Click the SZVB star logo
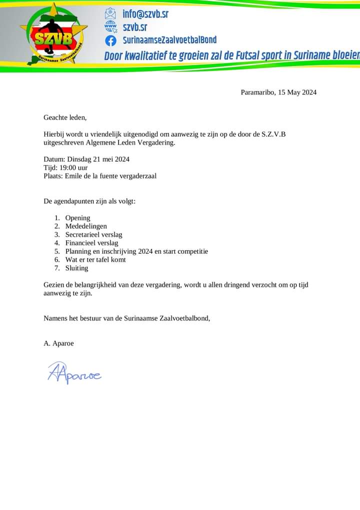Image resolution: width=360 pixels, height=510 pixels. click(54, 35)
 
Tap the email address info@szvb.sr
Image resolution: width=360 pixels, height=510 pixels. click(145, 14)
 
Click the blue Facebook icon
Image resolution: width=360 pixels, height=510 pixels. click(110, 41)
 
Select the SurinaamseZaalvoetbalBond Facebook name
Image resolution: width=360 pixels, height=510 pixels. click(169, 40)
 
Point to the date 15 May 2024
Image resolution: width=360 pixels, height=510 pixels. click(297, 92)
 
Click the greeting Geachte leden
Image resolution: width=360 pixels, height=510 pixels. click(65, 118)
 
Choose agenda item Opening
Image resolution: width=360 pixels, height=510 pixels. click(77, 218)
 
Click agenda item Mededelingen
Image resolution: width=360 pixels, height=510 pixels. click(86, 226)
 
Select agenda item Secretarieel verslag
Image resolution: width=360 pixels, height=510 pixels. click(93, 234)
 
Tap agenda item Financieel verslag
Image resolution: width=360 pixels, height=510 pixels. click(91, 243)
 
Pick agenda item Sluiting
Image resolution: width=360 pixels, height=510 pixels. click(76, 268)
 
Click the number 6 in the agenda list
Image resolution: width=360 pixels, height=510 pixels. click(57, 260)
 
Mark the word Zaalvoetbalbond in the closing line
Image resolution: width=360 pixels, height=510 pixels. click(183, 318)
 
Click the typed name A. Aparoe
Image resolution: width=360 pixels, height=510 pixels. click(58, 343)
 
